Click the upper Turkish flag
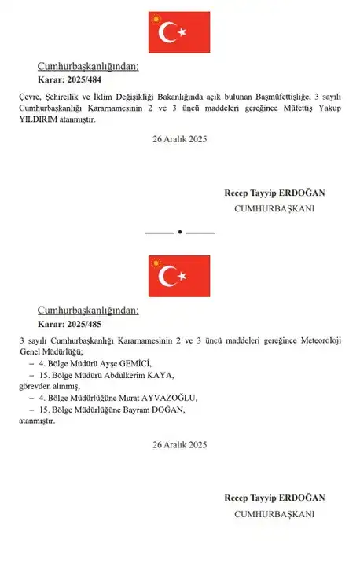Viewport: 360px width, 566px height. pyautogui.click(x=179, y=33)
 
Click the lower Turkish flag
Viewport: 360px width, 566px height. pyautogui.click(x=179, y=275)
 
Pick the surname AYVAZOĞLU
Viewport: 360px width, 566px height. pyautogui.click(x=169, y=399)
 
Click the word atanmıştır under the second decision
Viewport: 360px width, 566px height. pyautogui.click(x=38, y=421)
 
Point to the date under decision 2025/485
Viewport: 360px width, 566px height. pyautogui.click(x=179, y=445)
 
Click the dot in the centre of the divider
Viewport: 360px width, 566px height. pyautogui.click(x=179, y=232)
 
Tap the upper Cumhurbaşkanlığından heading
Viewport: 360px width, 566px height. pyautogui.click(x=88, y=66)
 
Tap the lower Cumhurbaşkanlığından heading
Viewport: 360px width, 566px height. pyautogui.click(x=88, y=310)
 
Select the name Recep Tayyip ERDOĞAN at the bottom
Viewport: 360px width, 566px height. pyautogui.click(x=274, y=498)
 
